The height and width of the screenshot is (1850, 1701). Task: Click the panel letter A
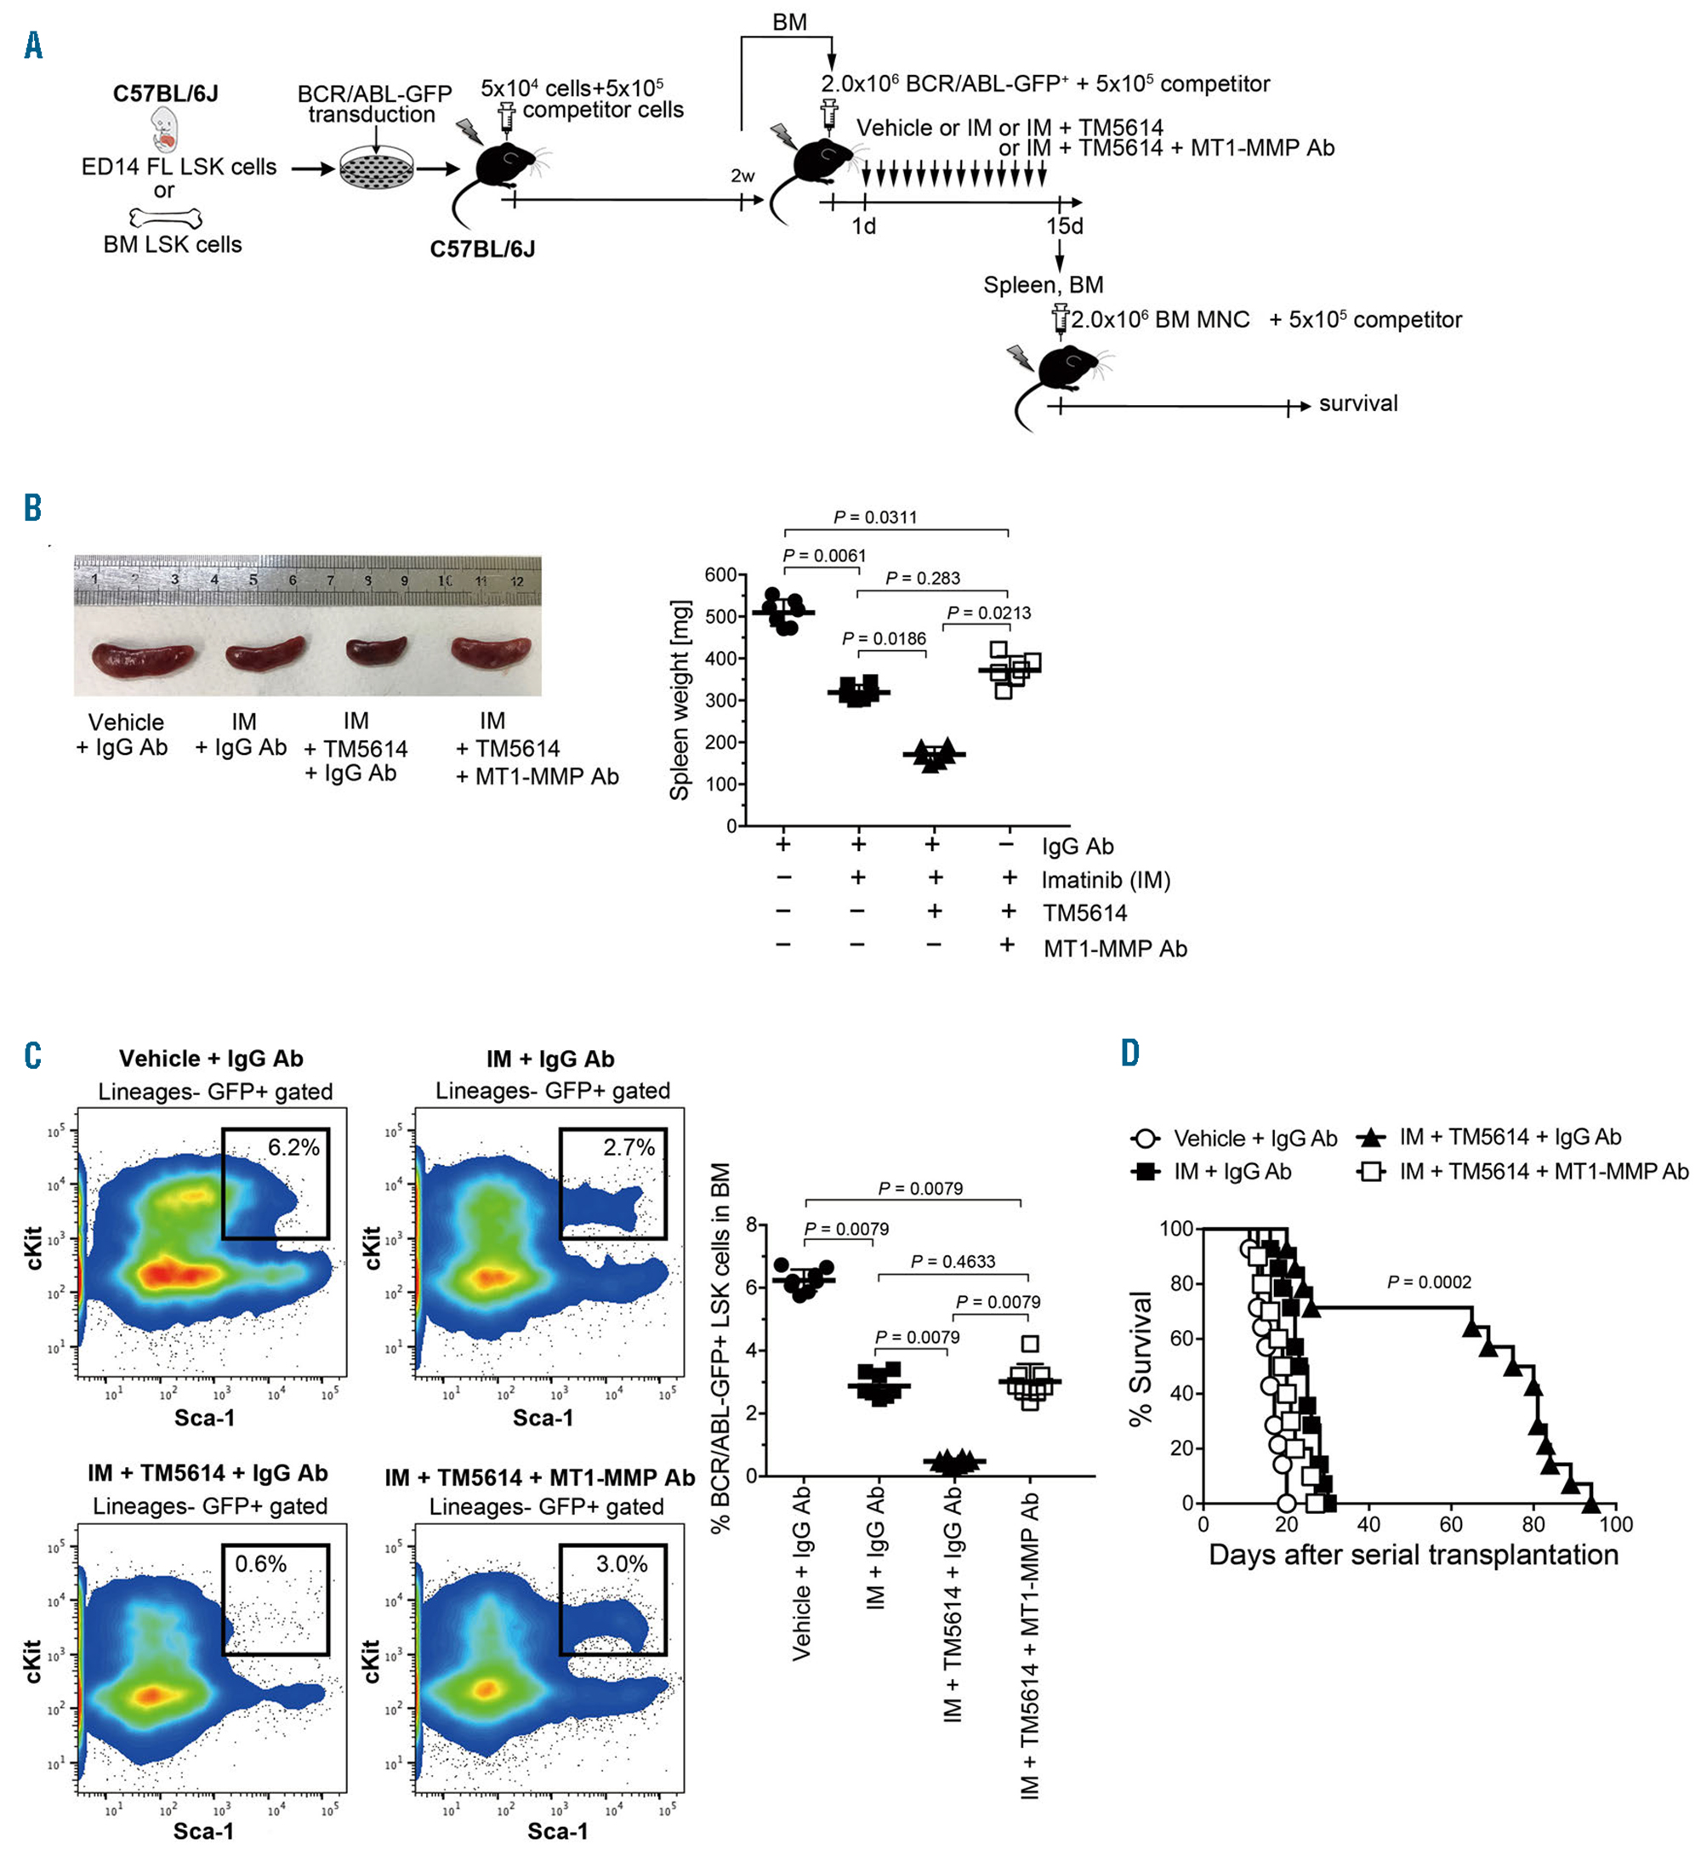click(33, 45)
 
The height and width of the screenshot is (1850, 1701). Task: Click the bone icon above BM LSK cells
click(166, 218)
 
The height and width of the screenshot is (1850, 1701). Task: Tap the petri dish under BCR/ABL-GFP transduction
click(377, 170)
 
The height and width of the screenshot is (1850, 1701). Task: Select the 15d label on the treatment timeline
click(1064, 226)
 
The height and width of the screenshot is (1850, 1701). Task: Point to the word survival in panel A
click(1357, 403)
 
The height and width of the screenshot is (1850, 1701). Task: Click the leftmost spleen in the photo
click(143, 658)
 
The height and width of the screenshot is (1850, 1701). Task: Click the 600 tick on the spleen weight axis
click(720, 574)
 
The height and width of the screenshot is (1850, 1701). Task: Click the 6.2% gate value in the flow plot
click(293, 1147)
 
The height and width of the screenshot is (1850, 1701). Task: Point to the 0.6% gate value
click(260, 1563)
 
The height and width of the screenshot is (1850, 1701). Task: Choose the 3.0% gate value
click(622, 1563)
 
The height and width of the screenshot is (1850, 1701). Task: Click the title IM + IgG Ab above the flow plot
click(550, 1059)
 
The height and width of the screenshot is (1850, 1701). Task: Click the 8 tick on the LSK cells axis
click(752, 1225)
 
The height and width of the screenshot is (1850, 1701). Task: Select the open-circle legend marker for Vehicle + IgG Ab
click(1146, 1139)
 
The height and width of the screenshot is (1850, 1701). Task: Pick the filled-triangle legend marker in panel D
click(1372, 1139)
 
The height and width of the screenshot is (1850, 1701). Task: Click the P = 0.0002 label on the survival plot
click(1429, 1282)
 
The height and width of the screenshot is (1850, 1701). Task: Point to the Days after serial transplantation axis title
click(1413, 1556)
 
